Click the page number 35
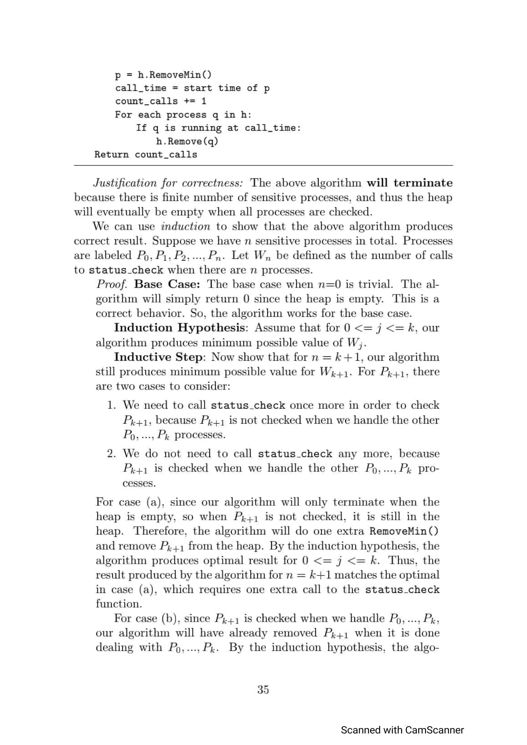[263, 689]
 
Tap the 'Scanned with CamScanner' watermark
[402, 730]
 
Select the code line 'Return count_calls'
[146, 155]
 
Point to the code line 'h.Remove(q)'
[187, 141]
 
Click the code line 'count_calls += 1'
[161, 101]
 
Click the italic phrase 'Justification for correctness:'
[168, 183]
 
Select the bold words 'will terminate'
[409, 183]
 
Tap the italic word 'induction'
[186, 226]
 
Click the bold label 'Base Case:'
[167, 284]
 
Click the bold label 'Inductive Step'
[159, 357]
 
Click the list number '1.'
[111, 405]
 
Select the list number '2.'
[111, 454]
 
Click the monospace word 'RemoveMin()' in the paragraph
[404, 531]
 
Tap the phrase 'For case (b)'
[145, 619]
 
